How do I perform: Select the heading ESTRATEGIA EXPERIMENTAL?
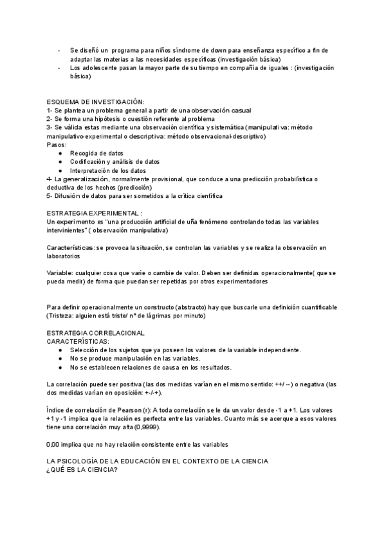[95, 213]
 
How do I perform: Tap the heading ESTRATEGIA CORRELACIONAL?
[96, 333]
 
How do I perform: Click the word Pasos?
[57, 145]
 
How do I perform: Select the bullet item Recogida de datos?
[97, 154]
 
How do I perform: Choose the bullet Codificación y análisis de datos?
[115, 162]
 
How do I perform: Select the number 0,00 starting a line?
[54, 444]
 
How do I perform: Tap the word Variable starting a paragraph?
[60, 272]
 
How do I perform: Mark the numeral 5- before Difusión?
[50, 195]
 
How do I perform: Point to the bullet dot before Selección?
[60, 350]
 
